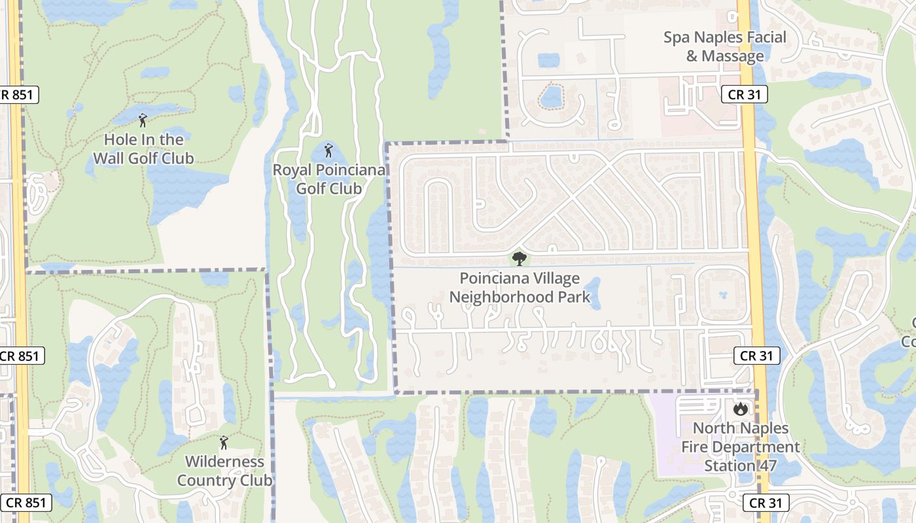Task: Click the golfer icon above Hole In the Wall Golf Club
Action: pos(143,120)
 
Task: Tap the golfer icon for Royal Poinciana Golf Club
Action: pos(328,150)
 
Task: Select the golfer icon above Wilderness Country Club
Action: pos(224,443)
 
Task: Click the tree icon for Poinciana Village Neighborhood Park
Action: pos(520,259)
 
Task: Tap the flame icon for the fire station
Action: pos(741,409)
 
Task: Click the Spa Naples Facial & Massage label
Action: pos(725,46)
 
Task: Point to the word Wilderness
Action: pos(216,462)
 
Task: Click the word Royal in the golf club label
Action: pos(292,171)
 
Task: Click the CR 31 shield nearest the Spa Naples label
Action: pos(745,95)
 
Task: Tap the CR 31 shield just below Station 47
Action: pos(766,503)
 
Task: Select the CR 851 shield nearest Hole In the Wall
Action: pos(20,95)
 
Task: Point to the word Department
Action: pos(741,447)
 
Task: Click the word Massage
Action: pos(733,56)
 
